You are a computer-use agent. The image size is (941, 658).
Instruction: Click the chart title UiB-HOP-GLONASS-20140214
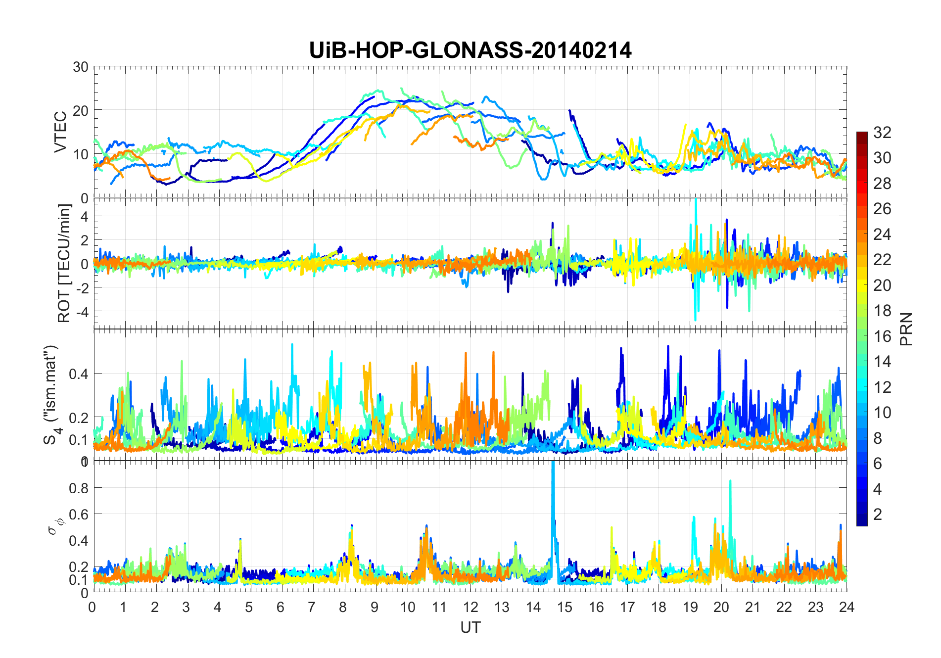[470, 50]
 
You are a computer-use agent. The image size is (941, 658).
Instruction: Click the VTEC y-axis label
[60, 132]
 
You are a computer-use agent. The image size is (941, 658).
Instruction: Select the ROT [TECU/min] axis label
[64, 263]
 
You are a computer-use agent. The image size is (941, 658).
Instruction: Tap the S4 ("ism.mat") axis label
[51, 394]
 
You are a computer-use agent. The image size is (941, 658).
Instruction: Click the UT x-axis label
[470, 627]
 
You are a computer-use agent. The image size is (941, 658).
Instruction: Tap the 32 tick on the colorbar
[882, 133]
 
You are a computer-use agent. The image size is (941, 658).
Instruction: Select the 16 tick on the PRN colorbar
[882, 336]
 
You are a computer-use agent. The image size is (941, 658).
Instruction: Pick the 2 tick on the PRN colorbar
[878, 515]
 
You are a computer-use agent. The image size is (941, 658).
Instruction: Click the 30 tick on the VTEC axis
[81, 67]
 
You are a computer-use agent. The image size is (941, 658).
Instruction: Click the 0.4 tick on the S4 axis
[78, 374]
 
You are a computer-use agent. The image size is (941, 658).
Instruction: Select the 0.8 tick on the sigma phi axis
[78, 488]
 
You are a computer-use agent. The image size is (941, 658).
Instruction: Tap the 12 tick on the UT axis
[470, 607]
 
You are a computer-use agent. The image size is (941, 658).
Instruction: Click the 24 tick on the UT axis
[847, 607]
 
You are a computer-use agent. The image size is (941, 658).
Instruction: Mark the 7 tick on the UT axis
[312, 607]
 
